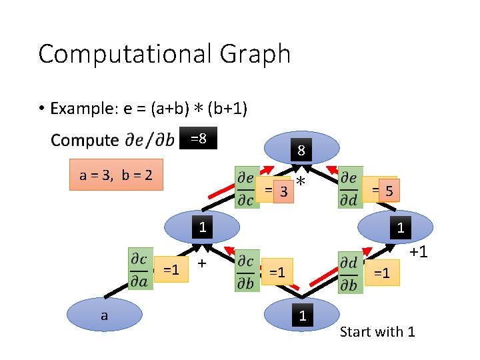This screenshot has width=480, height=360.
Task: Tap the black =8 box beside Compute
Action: [199, 139]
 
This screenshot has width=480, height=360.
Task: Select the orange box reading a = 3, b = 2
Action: [116, 175]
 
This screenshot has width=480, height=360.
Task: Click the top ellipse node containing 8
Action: [301, 148]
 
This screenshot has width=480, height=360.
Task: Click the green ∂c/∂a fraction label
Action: [140, 269]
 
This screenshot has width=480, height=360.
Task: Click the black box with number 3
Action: [284, 192]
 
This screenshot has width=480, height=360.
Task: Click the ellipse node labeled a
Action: [104, 315]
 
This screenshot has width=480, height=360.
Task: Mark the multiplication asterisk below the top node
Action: [301, 183]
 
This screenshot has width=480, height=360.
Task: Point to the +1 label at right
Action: [418, 253]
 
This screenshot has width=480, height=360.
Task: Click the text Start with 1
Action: [377, 331]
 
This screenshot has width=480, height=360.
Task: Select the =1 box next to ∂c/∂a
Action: [171, 270]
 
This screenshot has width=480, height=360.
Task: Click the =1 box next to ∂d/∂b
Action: [383, 272]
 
